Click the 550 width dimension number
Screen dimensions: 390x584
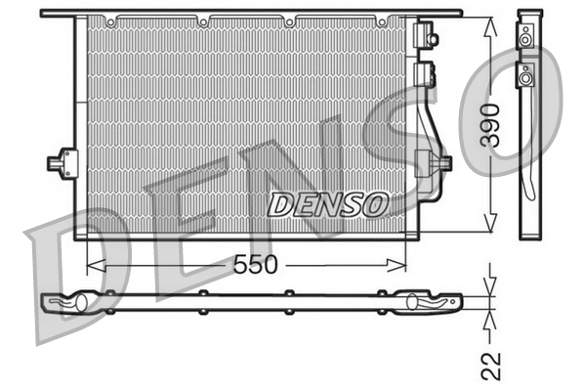pyautogui.click(x=255, y=264)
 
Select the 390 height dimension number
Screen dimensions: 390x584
pyautogui.click(x=493, y=124)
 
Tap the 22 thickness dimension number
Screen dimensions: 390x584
pyautogui.click(x=492, y=367)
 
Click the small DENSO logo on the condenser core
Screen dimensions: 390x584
pyautogui.click(x=328, y=204)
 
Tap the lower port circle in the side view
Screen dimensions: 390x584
pyautogui.click(x=526, y=77)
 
